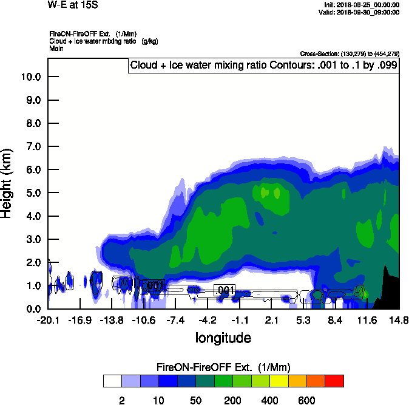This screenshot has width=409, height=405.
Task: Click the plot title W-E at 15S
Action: click(73, 5)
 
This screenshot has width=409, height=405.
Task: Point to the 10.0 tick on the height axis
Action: click(31, 77)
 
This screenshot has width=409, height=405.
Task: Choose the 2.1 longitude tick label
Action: click(272, 320)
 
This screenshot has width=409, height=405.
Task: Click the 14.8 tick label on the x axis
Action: click(399, 320)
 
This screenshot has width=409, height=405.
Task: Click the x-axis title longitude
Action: click(223, 338)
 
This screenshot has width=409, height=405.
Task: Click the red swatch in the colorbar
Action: click(334, 381)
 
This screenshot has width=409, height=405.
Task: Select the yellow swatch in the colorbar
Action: click(279, 381)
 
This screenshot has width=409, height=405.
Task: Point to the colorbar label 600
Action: click(306, 400)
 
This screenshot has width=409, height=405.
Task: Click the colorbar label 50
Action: click(195, 400)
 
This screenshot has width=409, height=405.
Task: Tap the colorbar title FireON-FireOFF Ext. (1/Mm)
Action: click(223, 367)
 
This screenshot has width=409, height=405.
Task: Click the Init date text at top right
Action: click(362, 5)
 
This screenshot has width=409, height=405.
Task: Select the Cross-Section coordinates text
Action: click(350, 53)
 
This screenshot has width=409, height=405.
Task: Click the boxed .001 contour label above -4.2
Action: click(225, 291)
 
